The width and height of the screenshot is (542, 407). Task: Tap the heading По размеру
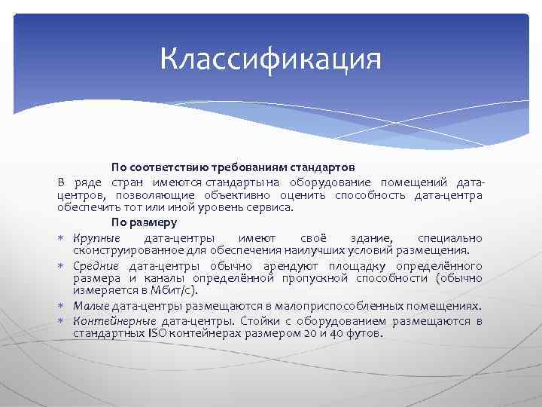[144, 222]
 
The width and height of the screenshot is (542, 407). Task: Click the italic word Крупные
[93, 237]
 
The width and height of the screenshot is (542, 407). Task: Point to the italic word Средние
[96, 266]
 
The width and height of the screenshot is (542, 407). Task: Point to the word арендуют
[289, 266]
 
